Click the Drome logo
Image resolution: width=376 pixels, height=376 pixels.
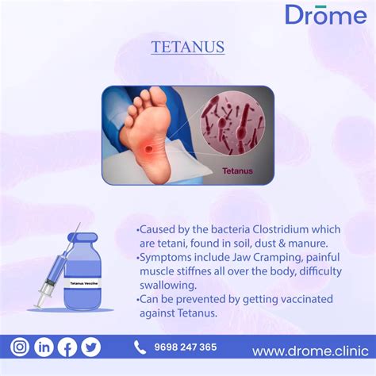coord(326,14)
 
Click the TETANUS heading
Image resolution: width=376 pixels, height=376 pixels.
coord(188,47)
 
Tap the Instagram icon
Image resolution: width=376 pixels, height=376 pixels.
coord(20,347)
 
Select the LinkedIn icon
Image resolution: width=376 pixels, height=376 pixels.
coord(44,347)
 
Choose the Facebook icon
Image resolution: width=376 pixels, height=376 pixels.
coord(67,347)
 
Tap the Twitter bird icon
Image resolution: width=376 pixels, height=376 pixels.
coord(90,347)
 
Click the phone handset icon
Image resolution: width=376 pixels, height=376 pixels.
coord(140,347)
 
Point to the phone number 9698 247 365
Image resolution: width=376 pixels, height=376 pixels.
coord(186,347)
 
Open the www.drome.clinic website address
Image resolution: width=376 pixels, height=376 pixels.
coord(310,351)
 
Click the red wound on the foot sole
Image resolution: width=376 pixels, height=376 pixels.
coord(149,150)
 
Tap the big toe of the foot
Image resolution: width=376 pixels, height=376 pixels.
coord(156,97)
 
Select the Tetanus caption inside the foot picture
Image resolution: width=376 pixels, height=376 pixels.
coord(237,171)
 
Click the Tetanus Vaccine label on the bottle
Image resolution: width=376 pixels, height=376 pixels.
coord(83,283)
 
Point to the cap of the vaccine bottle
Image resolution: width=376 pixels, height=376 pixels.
coord(82,237)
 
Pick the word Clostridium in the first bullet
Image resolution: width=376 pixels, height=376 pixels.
coord(280,229)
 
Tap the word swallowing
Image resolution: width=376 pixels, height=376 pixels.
coord(168,286)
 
